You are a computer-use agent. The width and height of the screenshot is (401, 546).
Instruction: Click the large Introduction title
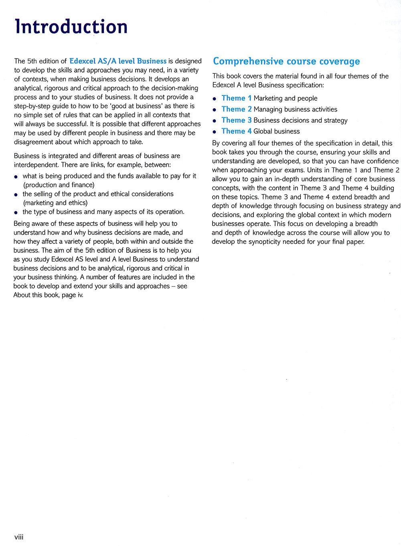71,27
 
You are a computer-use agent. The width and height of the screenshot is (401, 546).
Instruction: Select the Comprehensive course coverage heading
286,61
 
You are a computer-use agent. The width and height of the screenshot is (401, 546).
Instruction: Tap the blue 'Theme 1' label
237,98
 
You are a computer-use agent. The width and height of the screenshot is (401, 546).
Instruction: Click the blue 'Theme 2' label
237,109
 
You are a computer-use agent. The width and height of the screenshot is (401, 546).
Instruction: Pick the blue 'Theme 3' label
237,120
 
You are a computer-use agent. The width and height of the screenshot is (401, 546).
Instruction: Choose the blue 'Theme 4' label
237,131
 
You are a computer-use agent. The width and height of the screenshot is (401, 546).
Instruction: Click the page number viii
19,537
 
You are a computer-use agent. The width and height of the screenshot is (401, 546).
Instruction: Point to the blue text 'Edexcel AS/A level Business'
118,61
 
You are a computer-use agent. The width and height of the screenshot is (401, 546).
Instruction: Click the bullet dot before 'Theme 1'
215,99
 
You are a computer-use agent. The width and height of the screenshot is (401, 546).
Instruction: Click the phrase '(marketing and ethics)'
55,203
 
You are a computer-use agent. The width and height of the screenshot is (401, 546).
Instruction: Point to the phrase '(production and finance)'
59,185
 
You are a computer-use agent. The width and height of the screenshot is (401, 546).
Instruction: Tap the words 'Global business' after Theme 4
276,132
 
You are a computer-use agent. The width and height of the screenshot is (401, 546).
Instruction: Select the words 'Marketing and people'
285,99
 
